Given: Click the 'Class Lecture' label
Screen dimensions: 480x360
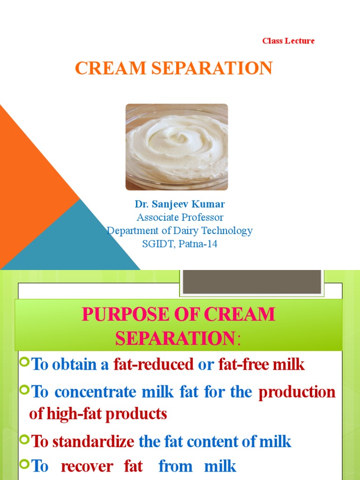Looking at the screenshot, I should (288, 41).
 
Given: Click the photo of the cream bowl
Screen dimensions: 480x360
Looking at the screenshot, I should (177, 147).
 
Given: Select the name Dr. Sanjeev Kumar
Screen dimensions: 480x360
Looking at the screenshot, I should (180, 204).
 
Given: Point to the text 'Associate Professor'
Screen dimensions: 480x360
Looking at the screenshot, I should (180, 217).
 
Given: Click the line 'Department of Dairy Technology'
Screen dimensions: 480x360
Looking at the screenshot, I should (180, 231).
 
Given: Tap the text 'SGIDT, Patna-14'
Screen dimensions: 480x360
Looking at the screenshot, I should (180, 244).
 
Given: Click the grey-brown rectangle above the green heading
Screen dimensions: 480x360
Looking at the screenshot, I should (252, 281).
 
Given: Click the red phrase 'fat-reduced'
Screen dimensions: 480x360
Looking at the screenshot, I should (154, 365).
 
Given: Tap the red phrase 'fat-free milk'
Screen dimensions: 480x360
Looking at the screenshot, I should (262, 365).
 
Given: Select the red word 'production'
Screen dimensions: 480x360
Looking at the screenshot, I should (297, 392).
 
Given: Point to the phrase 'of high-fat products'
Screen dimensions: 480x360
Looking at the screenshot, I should (98, 414).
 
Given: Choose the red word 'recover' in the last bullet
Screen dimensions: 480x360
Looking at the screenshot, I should (87, 466).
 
